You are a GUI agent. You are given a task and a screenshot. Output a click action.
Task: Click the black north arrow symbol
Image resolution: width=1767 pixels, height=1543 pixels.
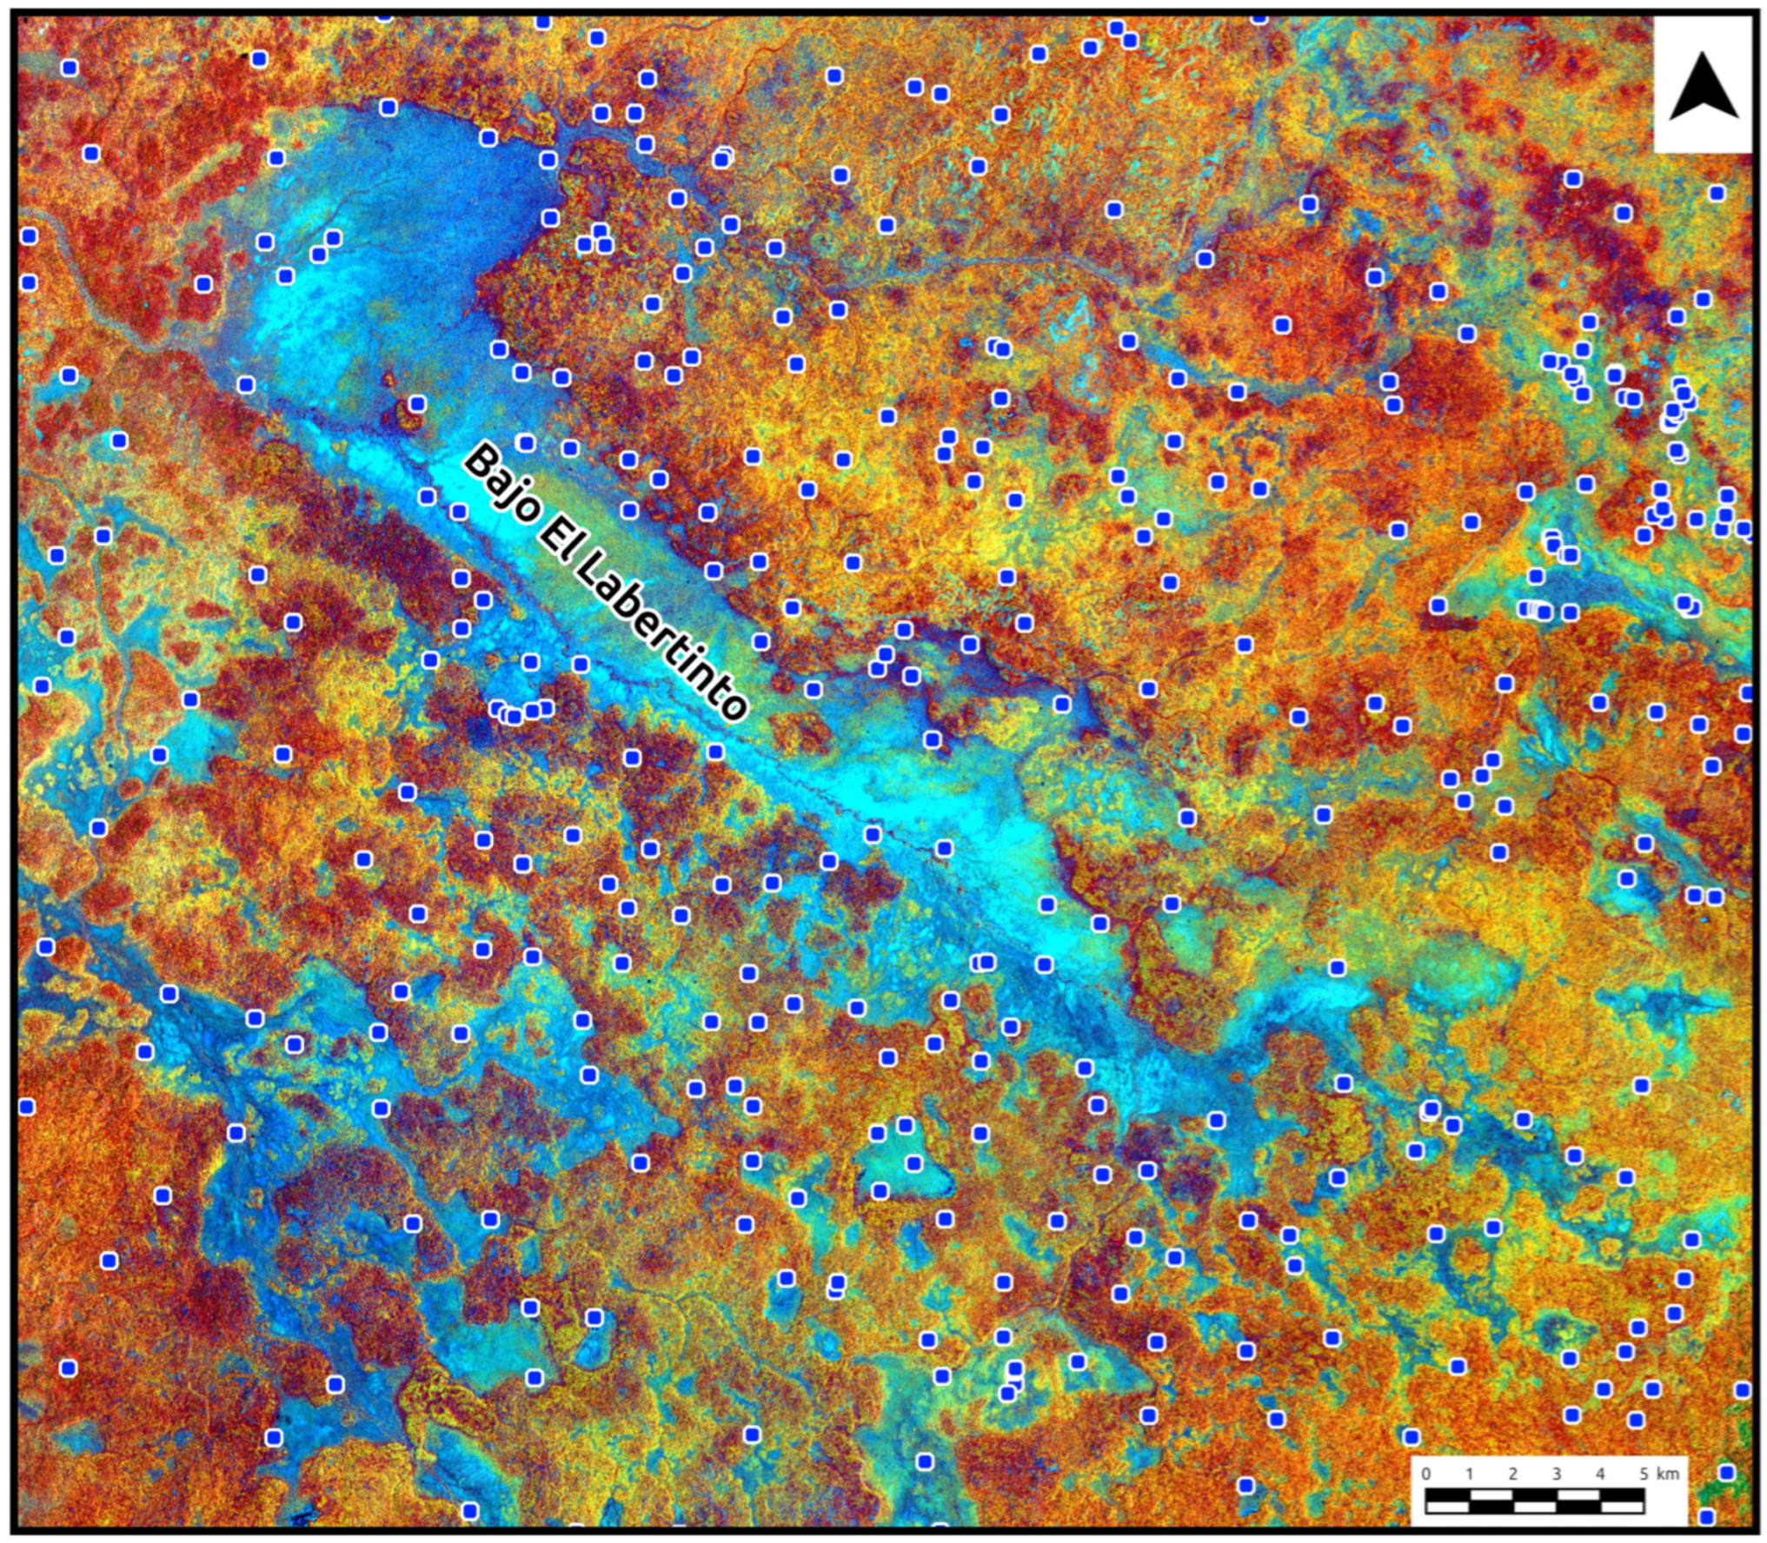pos(1703,87)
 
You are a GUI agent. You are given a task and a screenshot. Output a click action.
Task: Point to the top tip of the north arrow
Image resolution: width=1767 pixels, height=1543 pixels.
pos(1703,54)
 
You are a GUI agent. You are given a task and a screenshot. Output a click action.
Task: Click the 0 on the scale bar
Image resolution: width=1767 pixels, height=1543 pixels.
pos(1425,1473)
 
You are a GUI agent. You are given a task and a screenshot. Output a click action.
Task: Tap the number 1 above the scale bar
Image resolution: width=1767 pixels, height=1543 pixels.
pos(1469,1473)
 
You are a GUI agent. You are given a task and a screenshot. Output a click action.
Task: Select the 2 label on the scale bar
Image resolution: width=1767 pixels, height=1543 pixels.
pos(1512,1473)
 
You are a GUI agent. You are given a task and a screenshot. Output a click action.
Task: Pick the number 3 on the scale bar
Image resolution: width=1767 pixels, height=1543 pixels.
pos(1556,1473)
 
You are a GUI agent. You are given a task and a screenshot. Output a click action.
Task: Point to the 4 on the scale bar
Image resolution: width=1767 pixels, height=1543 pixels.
pos(1600,1473)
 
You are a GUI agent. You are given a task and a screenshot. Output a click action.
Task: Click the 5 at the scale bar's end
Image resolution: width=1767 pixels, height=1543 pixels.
pos(1643,1473)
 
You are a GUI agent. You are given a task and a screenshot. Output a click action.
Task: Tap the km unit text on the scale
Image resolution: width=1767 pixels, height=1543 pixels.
pos(1668,1473)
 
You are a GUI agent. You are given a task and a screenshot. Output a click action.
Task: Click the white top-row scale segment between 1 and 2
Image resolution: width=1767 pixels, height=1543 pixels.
pos(1491,1493)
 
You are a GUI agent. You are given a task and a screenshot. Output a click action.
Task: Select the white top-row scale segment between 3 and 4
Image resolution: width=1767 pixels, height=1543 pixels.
pos(1578,1493)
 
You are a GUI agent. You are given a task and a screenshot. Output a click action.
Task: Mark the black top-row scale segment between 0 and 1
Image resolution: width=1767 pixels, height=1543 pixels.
pos(1447,1493)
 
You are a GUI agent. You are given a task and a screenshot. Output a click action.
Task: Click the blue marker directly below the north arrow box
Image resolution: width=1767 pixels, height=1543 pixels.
pos(1717,193)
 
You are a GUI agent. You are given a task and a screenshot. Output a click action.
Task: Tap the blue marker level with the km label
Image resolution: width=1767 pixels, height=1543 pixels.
pos(1726,1472)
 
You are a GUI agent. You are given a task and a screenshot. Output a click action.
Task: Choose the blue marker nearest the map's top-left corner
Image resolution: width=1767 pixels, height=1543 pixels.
pos(70,68)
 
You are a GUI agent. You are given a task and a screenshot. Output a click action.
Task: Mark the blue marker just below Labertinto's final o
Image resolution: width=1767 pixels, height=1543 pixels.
pos(715,752)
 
